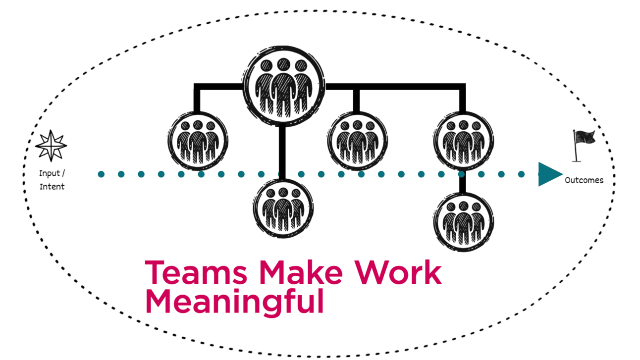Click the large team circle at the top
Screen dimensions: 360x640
pyautogui.click(x=283, y=87)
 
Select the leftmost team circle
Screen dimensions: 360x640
pyautogui.click(x=198, y=141)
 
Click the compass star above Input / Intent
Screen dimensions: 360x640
pyautogui.click(x=51, y=146)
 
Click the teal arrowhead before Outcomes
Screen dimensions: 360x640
pyautogui.click(x=549, y=174)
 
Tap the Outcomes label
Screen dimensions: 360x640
pyautogui.click(x=584, y=180)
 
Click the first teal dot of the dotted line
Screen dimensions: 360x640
pyautogui.click(x=102, y=174)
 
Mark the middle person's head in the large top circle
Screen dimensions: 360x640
pyautogui.click(x=283, y=64)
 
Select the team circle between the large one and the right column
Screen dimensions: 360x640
pyautogui.click(x=357, y=141)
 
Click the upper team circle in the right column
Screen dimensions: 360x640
pyautogui.click(x=463, y=141)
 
